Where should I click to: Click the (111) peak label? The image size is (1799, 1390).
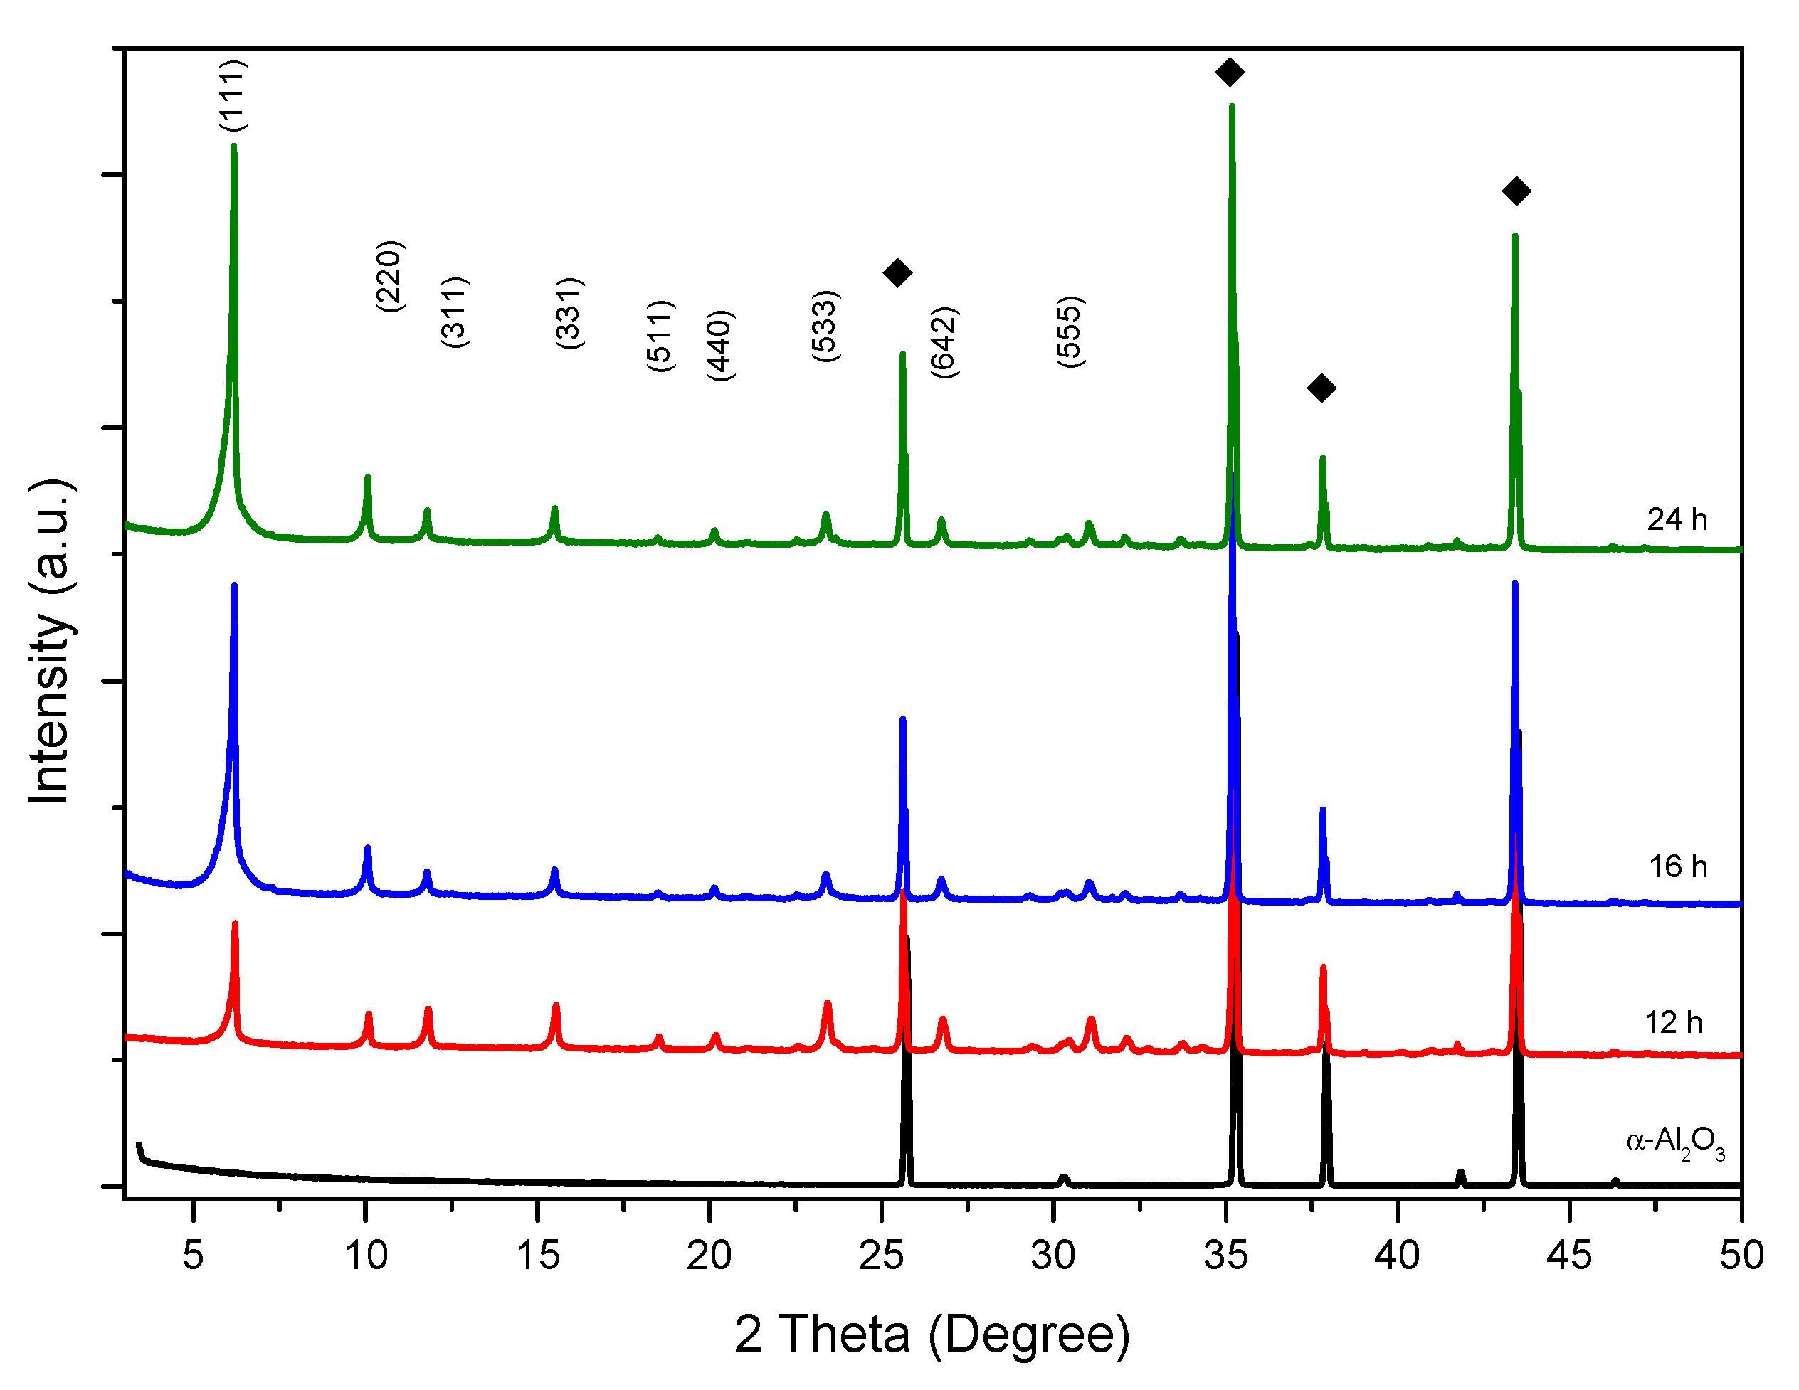click(x=233, y=95)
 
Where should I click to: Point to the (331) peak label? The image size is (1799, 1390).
click(x=569, y=313)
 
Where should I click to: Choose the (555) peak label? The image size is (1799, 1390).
click(x=1069, y=331)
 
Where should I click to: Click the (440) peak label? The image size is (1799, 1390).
click(x=719, y=345)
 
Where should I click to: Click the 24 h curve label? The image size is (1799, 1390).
click(x=1677, y=519)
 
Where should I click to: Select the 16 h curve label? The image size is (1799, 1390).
click(x=1677, y=867)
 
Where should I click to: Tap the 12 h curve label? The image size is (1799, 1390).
click(x=1673, y=1023)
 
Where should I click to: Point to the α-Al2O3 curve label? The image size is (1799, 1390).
click(x=1674, y=1143)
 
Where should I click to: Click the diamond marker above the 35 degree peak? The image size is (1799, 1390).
click(x=1230, y=73)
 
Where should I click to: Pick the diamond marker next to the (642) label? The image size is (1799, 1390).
click(x=897, y=272)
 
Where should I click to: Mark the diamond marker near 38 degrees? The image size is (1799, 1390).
click(x=1321, y=388)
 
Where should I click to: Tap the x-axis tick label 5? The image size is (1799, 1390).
click(x=193, y=1256)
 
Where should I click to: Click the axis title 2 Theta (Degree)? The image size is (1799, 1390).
click(x=932, y=1334)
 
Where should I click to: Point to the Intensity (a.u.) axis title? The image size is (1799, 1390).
click(x=51, y=642)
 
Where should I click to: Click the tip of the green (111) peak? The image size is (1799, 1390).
click(x=234, y=147)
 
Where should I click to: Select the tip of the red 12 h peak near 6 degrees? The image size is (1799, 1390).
click(x=235, y=923)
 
